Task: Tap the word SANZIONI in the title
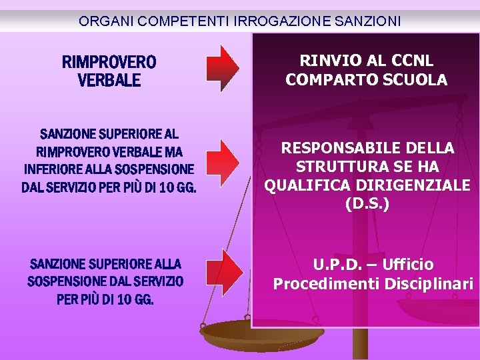click(365, 21)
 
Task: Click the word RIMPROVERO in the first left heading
click(109, 63)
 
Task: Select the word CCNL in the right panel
click(410, 61)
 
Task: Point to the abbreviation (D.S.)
click(367, 203)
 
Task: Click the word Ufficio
click(408, 265)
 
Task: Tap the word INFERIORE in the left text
click(51, 169)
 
